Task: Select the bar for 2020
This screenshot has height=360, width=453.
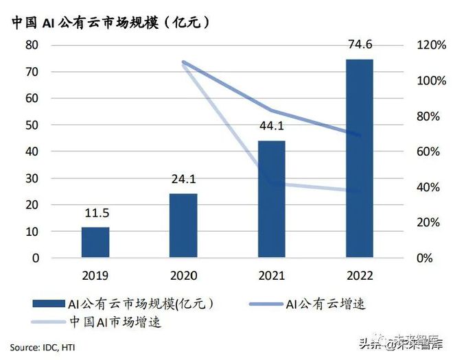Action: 183,226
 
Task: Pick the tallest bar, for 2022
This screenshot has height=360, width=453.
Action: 360,158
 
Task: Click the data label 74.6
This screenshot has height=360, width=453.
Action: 360,46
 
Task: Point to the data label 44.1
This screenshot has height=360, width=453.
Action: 271,127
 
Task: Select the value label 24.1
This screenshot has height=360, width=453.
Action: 183,180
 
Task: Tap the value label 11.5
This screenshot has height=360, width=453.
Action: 95,214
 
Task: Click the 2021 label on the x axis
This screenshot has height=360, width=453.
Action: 271,276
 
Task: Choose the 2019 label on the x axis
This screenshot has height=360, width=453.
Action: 95,276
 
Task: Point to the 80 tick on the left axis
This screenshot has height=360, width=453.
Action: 32,45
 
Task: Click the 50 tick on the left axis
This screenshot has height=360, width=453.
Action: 32,125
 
